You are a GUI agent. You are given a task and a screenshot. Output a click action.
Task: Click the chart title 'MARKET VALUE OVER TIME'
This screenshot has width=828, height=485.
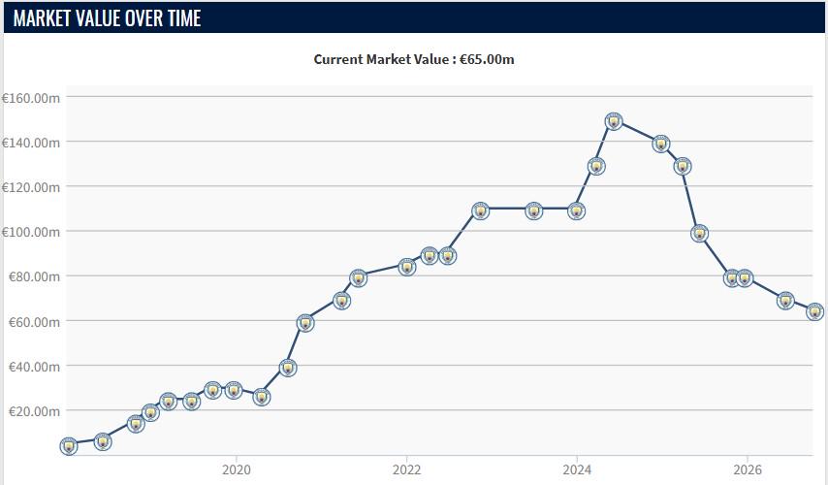click(108, 18)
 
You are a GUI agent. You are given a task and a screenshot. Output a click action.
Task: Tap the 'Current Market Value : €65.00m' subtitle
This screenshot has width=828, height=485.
click(413, 59)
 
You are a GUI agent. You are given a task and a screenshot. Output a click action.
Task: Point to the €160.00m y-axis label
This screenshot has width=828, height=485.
click(31, 98)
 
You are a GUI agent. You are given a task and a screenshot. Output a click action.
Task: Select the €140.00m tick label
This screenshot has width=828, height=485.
click(31, 143)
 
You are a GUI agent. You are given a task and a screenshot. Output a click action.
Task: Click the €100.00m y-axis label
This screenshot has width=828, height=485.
click(31, 232)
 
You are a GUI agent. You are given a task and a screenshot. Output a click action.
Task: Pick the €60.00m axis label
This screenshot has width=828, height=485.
click(34, 322)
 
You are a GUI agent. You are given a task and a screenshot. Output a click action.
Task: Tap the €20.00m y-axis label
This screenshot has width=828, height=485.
click(34, 411)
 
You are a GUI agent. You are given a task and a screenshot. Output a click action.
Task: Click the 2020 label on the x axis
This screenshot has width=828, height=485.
click(236, 469)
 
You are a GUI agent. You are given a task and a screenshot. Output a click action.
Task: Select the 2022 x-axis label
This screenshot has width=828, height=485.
click(406, 469)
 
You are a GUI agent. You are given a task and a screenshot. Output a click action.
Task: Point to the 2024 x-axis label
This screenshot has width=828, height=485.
click(577, 469)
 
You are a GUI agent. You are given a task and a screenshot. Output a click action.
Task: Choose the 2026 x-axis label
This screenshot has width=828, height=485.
click(748, 469)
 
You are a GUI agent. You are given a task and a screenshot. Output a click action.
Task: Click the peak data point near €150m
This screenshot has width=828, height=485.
click(613, 122)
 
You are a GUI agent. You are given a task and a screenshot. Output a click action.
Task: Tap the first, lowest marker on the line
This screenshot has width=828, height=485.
click(69, 446)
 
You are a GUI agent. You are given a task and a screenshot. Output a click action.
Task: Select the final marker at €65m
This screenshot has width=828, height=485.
click(814, 311)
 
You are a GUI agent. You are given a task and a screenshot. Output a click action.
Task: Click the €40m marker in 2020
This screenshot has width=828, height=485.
click(288, 368)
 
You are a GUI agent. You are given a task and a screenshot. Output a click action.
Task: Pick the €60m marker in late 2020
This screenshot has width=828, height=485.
click(305, 323)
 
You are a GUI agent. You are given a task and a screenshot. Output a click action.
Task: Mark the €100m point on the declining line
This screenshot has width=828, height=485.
click(700, 233)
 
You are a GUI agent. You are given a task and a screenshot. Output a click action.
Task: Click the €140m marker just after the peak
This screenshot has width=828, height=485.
click(661, 144)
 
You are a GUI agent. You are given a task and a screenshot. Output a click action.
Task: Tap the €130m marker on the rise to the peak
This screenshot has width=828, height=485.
click(596, 167)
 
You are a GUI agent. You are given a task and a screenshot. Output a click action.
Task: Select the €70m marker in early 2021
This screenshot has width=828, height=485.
click(341, 301)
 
